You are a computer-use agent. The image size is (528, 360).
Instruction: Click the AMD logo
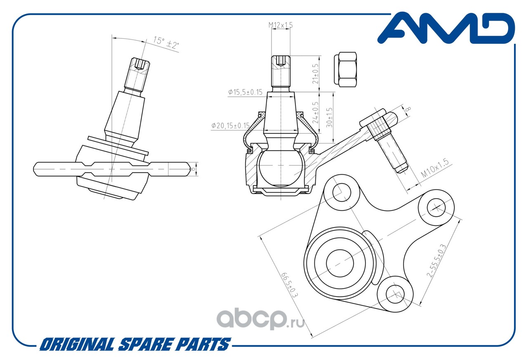click(446, 28)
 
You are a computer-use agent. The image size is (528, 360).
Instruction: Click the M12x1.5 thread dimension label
click(280, 25)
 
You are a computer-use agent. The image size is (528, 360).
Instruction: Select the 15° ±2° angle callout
click(166, 43)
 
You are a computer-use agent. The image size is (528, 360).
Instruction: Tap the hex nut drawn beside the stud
click(345, 69)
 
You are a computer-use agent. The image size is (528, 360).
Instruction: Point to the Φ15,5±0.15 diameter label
click(245, 92)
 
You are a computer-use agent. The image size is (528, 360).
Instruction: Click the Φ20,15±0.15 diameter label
click(230, 126)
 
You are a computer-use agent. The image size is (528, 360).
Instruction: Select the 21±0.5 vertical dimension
click(316, 73)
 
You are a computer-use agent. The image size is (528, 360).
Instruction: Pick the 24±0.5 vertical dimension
click(316, 113)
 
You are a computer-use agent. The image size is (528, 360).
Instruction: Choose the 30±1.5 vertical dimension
click(329, 118)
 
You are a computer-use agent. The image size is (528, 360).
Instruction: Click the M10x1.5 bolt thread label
click(435, 168)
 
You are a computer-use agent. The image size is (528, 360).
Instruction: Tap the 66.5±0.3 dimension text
click(290, 285)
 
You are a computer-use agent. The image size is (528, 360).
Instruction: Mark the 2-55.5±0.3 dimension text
click(436, 261)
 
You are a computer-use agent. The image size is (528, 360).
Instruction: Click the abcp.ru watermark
click(260, 319)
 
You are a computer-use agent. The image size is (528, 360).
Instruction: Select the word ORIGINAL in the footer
click(77, 344)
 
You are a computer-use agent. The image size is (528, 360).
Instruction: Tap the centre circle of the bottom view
click(340, 263)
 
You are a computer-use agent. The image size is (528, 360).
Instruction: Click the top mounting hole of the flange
click(342, 193)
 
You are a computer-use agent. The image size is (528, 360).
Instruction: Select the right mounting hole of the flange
click(436, 208)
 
